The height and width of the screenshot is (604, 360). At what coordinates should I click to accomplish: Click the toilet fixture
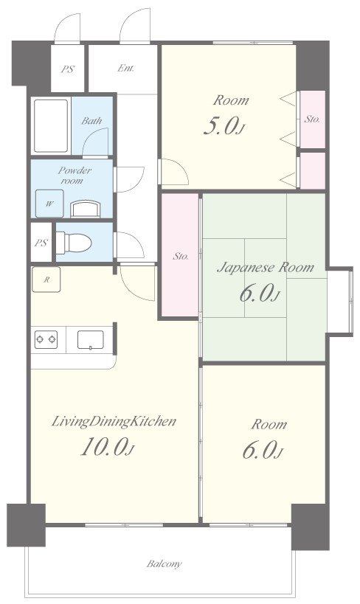[x=74, y=243]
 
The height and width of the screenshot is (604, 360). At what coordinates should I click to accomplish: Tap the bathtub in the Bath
[x=51, y=125]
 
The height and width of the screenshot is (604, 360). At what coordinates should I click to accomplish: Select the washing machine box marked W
[x=49, y=204]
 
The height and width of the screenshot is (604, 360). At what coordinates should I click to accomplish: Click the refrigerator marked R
[x=46, y=280]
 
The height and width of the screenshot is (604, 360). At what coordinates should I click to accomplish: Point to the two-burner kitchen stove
[x=46, y=339]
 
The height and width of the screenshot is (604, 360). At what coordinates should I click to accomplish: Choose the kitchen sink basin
[x=91, y=340]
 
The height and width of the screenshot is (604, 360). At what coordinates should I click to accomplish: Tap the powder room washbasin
[x=86, y=209]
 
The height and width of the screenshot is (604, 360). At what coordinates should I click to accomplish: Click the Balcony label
[x=164, y=564]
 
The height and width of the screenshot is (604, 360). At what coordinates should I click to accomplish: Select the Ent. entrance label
[x=125, y=68]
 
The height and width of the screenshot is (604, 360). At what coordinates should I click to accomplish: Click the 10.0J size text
[x=107, y=448]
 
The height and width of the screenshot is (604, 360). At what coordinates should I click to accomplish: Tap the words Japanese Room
[x=266, y=267]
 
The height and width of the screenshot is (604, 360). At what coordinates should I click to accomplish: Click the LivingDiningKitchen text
[x=114, y=421]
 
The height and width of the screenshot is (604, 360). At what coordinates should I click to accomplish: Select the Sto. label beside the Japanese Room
[x=180, y=256]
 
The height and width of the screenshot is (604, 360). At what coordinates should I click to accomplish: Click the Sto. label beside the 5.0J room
[x=312, y=119]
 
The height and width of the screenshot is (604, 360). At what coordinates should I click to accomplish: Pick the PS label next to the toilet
[x=41, y=243]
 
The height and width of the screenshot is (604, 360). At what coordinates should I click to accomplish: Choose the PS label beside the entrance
[x=67, y=70]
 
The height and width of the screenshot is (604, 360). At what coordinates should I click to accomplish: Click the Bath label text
[x=91, y=120]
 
